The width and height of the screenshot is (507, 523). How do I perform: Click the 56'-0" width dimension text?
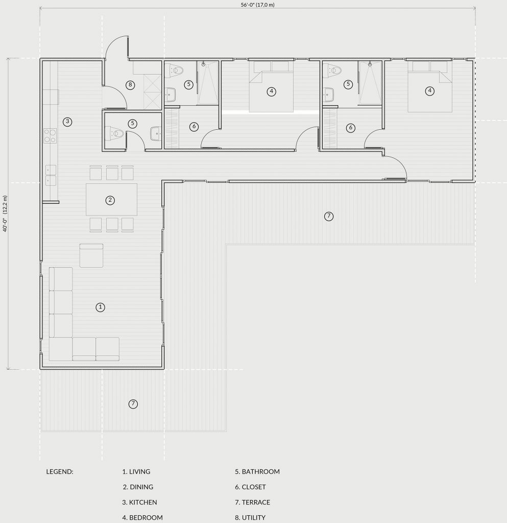pos(258,5)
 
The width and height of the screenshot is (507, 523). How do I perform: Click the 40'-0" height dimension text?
pos(5,213)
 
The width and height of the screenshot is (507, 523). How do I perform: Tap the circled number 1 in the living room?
pos(101,307)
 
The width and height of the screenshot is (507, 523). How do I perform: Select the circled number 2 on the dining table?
pos(110,200)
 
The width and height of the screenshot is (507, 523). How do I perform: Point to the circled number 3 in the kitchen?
pos(67,122)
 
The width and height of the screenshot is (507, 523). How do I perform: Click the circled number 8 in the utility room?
pos(130,85)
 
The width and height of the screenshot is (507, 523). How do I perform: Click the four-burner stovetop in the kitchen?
pos(50,136)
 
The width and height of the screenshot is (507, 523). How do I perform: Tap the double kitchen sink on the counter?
pos(51,176)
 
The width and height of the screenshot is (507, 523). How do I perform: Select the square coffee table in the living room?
pos(91,255)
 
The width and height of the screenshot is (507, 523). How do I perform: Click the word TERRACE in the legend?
pos(256,502)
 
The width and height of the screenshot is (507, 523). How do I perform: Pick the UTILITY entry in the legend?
pos(254,517)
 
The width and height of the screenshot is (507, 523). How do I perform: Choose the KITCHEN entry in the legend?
pos(143,502)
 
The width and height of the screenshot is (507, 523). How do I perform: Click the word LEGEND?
pos(60,471)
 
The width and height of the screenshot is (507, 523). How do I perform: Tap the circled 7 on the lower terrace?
pos(133,404)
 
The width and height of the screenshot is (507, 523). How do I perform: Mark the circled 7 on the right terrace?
pos(329,216)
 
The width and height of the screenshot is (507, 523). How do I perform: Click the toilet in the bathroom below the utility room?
pos(114,134)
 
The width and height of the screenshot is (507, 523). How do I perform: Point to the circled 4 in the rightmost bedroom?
pos(430,90)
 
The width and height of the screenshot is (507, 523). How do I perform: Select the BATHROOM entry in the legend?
pos(261,471)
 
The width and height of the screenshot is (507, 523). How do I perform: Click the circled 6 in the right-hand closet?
pos(350,127)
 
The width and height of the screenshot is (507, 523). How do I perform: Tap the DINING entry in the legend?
pos(141,487)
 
